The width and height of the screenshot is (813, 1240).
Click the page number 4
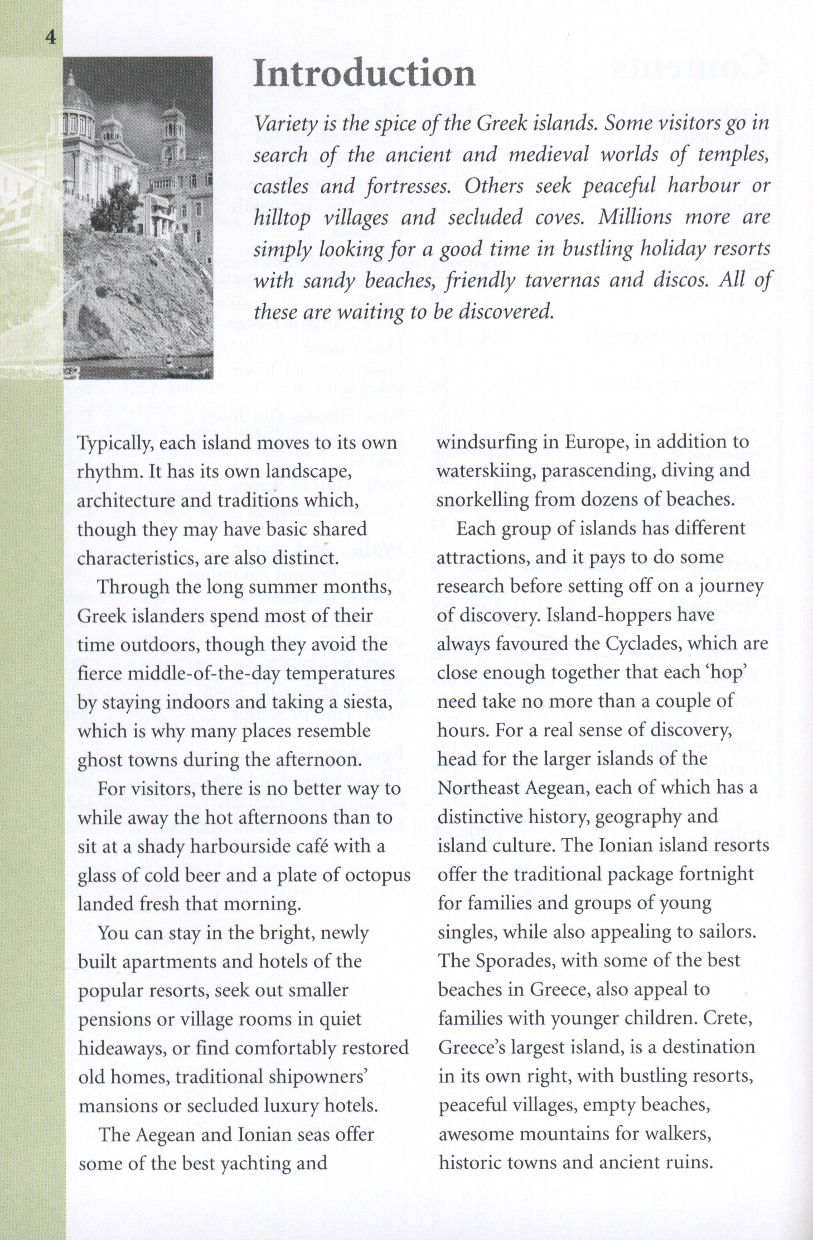[x=51, y=38]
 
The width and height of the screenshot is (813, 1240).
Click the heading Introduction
[x=364, y=74]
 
